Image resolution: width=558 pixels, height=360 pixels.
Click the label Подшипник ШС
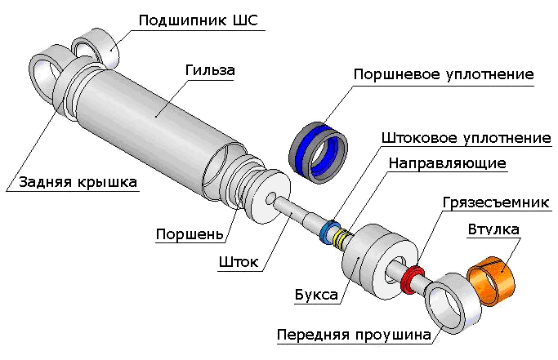point(198,20)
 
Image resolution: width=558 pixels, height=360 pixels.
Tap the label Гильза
point(210,71)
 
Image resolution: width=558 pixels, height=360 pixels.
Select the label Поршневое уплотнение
point(444,74)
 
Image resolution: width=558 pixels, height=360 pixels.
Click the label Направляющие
point(447,162)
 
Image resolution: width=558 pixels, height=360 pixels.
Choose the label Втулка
point(493,229)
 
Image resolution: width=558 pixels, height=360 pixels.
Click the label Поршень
point(190,234)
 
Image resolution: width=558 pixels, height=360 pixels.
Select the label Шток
point(239,262)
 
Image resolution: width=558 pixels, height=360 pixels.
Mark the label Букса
point(316,294)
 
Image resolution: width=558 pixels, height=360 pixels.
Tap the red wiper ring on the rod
point(413,277)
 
